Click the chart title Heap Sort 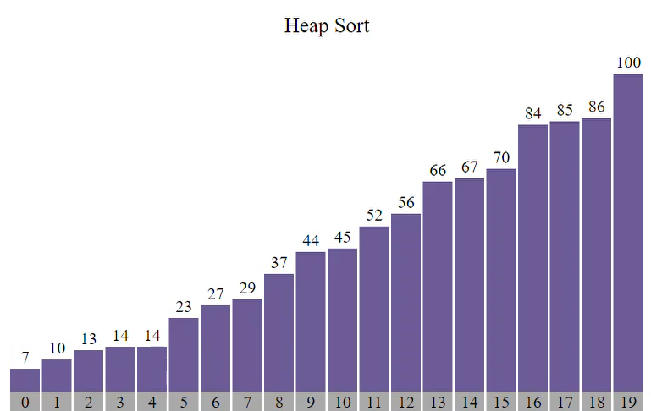coord(326,25)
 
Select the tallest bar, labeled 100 coord(628,233)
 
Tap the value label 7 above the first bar coord(25,358)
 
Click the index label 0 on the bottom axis coord(25,402)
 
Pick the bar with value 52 coord(374,309)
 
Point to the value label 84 coord(533,113)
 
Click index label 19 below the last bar coord(628,402)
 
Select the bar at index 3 coord(120,369)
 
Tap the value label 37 coord(279,262)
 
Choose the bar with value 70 coord(501,280)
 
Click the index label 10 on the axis coord(343,402)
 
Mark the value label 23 coord(184,307)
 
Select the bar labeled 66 coord(438,286)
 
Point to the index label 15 coord(501,402)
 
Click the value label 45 coord(343,237)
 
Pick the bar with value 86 coord(597,254)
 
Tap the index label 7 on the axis coord(247,402)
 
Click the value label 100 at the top coord(628,63)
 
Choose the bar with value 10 coord(57,375)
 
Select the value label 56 coord(406,203)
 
